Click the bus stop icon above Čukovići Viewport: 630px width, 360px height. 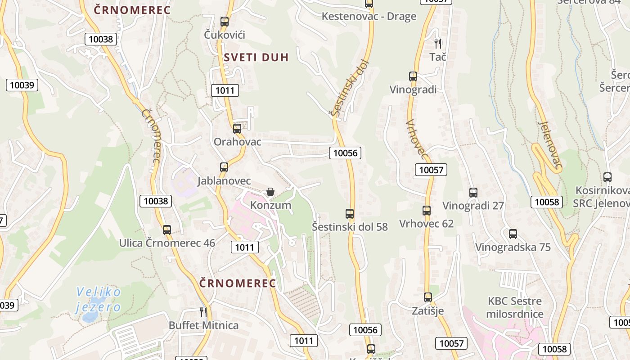click(x=225, y=21)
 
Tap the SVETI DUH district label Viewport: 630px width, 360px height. click(x=256, y=57)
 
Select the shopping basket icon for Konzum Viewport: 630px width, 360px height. click(x=270, y=192)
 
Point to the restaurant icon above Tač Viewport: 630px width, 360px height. click(x=438, y=43)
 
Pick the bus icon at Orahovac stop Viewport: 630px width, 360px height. click(x=237, y=129)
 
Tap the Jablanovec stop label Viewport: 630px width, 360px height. click(x=224, y=181)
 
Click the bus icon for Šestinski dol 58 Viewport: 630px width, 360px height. click(x=350, y=214)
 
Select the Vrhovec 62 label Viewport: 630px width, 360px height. click(x=426, y=224)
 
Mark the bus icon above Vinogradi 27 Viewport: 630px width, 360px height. click(x=473, y=193)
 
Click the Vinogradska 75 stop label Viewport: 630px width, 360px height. click(x=513, y=247)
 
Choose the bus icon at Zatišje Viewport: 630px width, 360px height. click(x=428, y=297)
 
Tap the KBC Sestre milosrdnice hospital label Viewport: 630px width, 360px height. click(x=515, y=307)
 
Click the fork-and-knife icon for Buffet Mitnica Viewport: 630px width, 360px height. click(x=203, y=311)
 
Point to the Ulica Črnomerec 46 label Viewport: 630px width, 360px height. click(x=167, y=243)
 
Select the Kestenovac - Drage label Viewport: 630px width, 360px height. click(x=369, y=17)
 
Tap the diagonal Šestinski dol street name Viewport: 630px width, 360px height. click(x=350, y=88)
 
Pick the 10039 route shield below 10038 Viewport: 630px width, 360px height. click(x=22, y=85)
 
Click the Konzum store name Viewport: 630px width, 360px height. click(x=270, y=206)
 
